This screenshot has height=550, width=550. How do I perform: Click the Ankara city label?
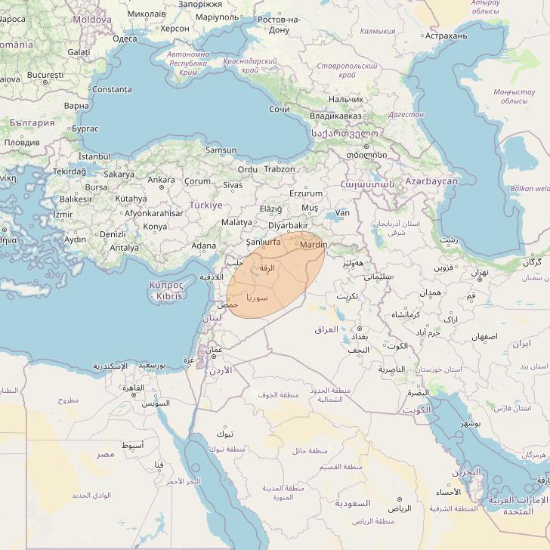[x=161, y=180]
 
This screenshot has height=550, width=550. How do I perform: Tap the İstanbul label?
[x=94, y=156]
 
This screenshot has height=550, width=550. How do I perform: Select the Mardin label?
[x=314, y=245]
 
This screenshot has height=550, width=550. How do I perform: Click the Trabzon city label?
[x=280, y=169]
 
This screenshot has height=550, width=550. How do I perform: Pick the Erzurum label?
[x=305, y=193]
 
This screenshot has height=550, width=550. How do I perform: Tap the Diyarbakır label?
[x=289, y=225]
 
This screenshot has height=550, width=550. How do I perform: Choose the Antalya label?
[x=124, y=247]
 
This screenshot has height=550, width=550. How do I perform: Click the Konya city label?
[x=155, y=227]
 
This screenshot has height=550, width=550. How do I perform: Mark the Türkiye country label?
[x=205, y=205]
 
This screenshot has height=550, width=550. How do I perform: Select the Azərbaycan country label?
[x=431, y=182]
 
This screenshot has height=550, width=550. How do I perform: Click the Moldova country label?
[x=91, y=19]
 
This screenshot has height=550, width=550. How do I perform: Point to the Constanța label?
[x=111, y=89]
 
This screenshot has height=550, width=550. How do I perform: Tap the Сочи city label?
[x=280, y=109]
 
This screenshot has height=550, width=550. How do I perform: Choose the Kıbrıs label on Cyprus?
[x=167, y=297]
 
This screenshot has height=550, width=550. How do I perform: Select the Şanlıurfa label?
[x=264, y=242]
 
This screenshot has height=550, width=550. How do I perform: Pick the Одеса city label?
[x=125, y=38]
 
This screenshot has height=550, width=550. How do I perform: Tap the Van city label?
[x=342, y=214]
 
